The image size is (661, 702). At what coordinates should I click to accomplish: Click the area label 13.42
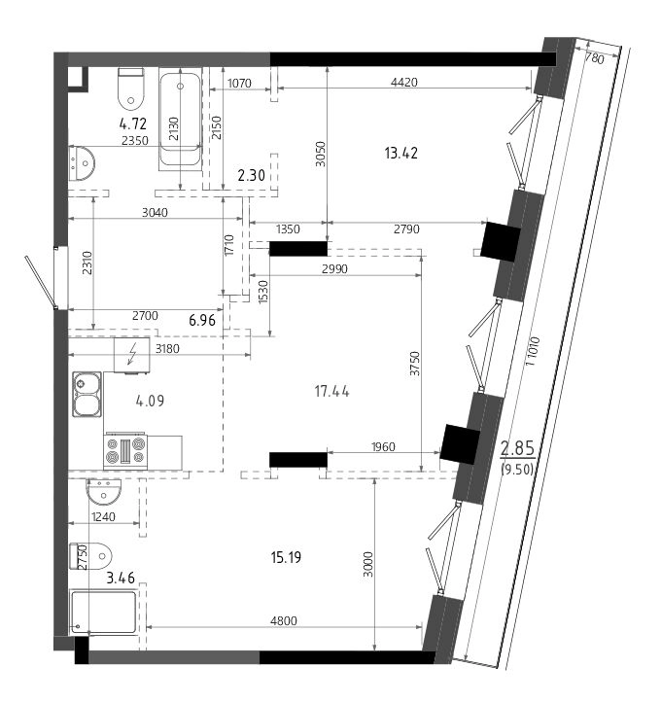[x=401, y=153]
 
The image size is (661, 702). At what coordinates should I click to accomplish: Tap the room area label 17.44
[x=331, y=392]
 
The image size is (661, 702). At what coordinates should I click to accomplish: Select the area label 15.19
[x=286, y=557]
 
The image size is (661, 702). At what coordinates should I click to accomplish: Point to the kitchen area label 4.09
[x=150, y=401]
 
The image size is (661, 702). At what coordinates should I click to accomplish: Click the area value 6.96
[x=202, y=320]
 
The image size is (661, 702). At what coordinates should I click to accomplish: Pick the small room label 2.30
[x=252, y=175]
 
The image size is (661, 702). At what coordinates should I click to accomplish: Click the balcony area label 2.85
[x=517, y=447]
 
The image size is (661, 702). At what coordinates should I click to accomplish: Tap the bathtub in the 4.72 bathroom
[x=181, y=122]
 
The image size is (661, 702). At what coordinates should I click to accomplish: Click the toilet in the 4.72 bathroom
[x=131, y=88]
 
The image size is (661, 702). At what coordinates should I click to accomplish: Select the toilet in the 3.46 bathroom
[x=90, y=556]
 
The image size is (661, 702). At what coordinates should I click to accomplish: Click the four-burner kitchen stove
[x=125, y=451]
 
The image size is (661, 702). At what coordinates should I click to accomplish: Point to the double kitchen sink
[x=87, y=395]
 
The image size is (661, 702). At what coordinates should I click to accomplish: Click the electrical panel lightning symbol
[x=132, y=354]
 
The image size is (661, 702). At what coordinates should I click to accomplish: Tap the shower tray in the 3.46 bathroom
[x=103, y=613]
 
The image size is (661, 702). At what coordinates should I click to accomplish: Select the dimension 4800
[x=284, y=621]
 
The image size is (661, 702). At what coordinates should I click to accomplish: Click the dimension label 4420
[x=404, y=82]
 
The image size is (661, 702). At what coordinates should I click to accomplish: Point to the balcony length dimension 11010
[x=533, y=351]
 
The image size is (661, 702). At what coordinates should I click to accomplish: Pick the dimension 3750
[x=415, y=363]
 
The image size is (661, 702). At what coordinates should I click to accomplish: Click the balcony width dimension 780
[x=595, y=58]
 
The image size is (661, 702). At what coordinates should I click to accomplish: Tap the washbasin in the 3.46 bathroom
[x=104, y=492]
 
